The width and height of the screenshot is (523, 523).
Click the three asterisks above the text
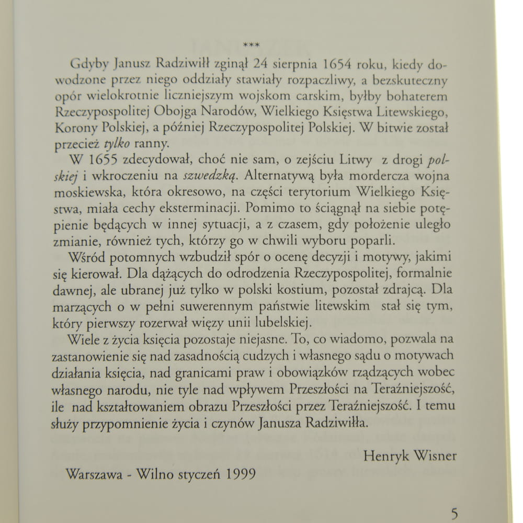tap(252, 46)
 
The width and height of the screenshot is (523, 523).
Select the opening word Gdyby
tap(88, 65)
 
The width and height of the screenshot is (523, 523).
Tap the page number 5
tap(454, 513)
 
